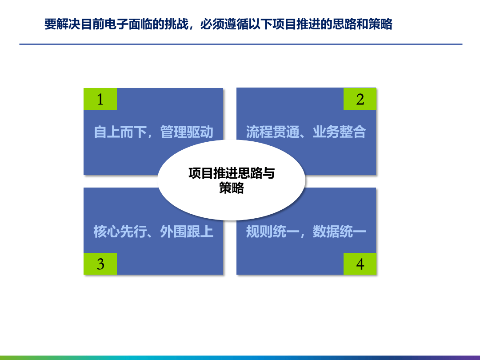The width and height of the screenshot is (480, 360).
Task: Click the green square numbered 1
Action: pyautogui.click(x=100, y=99)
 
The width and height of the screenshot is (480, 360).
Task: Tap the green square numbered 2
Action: pyautogui.click(x=360, y=99)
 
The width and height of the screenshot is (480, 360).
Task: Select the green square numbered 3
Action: pyautogui.click(x=100, y=264)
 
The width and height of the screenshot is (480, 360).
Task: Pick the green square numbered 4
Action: pyautogui.click(x=360, y=264)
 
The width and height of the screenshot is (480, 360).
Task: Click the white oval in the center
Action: pyautogui.click(x=232, y=180)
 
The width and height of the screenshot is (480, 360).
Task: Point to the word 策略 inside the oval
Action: pyautogui.click(x=232, y=188)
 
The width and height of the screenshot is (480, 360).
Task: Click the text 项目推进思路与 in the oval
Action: pyautogui.click(x=232, y=173)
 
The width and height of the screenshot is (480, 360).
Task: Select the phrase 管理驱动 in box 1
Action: pyautogui.click(x=187, y=132)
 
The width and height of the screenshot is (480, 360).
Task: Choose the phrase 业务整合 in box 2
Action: pyautogui.click(x=339, y=132)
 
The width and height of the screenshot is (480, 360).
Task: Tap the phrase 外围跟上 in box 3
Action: pyautogui.click(x=187, y=232)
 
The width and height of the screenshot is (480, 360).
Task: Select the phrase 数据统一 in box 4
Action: pyautogui.click(x=339, y=232)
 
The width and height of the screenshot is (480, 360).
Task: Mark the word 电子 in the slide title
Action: pyautogui.click(x=116, y=24)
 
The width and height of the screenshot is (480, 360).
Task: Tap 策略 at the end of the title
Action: pyautogui.click(x=380, y=24)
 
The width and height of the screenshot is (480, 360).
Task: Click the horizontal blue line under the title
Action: pyautogui.click(x=240, y=44)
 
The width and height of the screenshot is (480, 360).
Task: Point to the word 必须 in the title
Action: pyautogui.click(x=212, y=24)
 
